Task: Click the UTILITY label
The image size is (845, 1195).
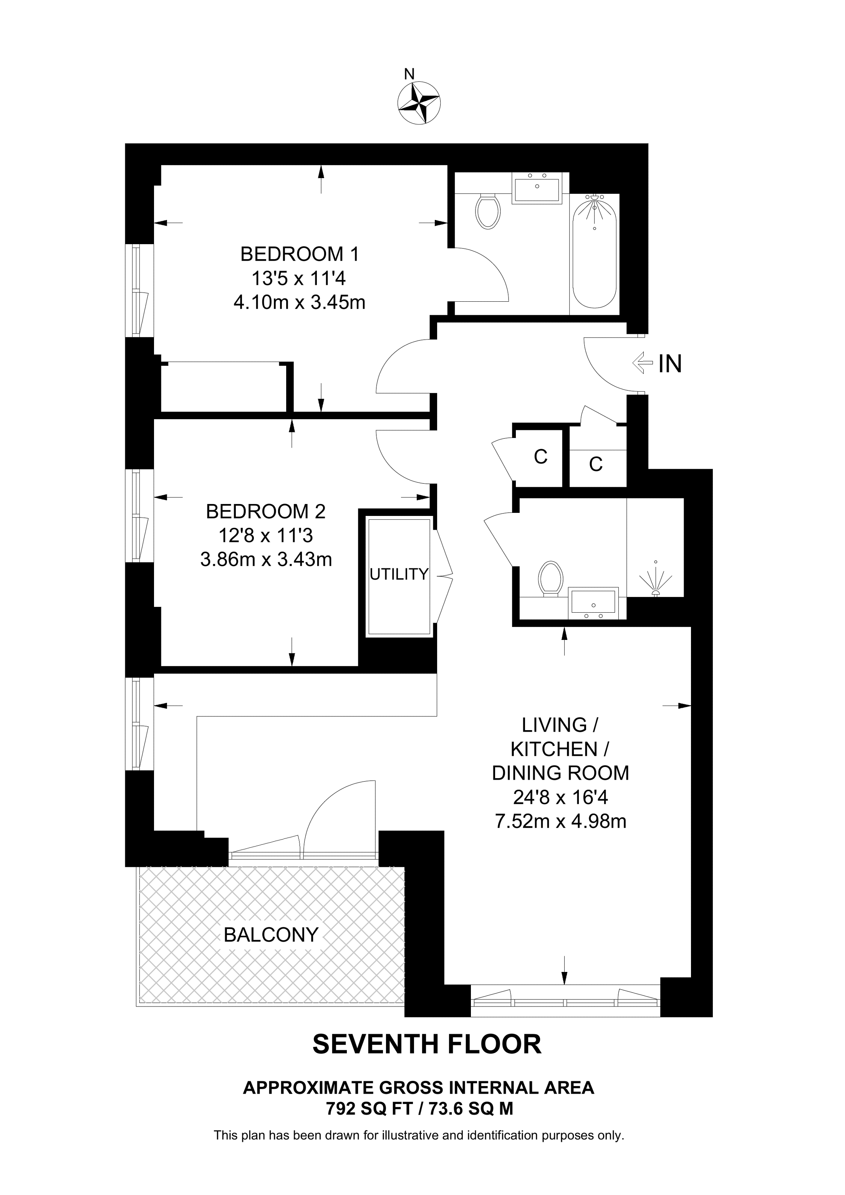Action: (x=399, y=574)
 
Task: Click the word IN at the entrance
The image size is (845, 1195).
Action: (x=670, y=364)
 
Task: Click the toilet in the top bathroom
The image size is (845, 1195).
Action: (x=488, y=211)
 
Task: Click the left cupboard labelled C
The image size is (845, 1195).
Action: (x=540, y=457)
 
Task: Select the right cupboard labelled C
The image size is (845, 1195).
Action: (x=596, y=464)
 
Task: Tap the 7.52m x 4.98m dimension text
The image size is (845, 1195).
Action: (x=560, y=821)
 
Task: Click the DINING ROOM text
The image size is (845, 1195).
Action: (x=560, y=773)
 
